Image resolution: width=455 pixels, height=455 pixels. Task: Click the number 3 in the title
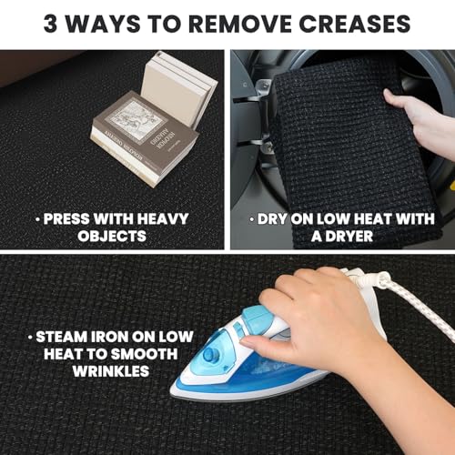50,24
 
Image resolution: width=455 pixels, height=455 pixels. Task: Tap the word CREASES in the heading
355,24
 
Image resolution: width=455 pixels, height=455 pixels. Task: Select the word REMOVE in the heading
239,24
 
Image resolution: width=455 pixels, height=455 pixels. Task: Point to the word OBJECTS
112,236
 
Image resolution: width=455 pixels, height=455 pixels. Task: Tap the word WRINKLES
111,371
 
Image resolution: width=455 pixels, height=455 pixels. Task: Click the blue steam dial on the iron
210,354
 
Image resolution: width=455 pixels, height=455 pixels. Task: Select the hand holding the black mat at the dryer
421,121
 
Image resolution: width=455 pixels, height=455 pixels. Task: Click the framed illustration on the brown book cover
138,121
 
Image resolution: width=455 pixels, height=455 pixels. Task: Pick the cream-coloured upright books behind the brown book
179,88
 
